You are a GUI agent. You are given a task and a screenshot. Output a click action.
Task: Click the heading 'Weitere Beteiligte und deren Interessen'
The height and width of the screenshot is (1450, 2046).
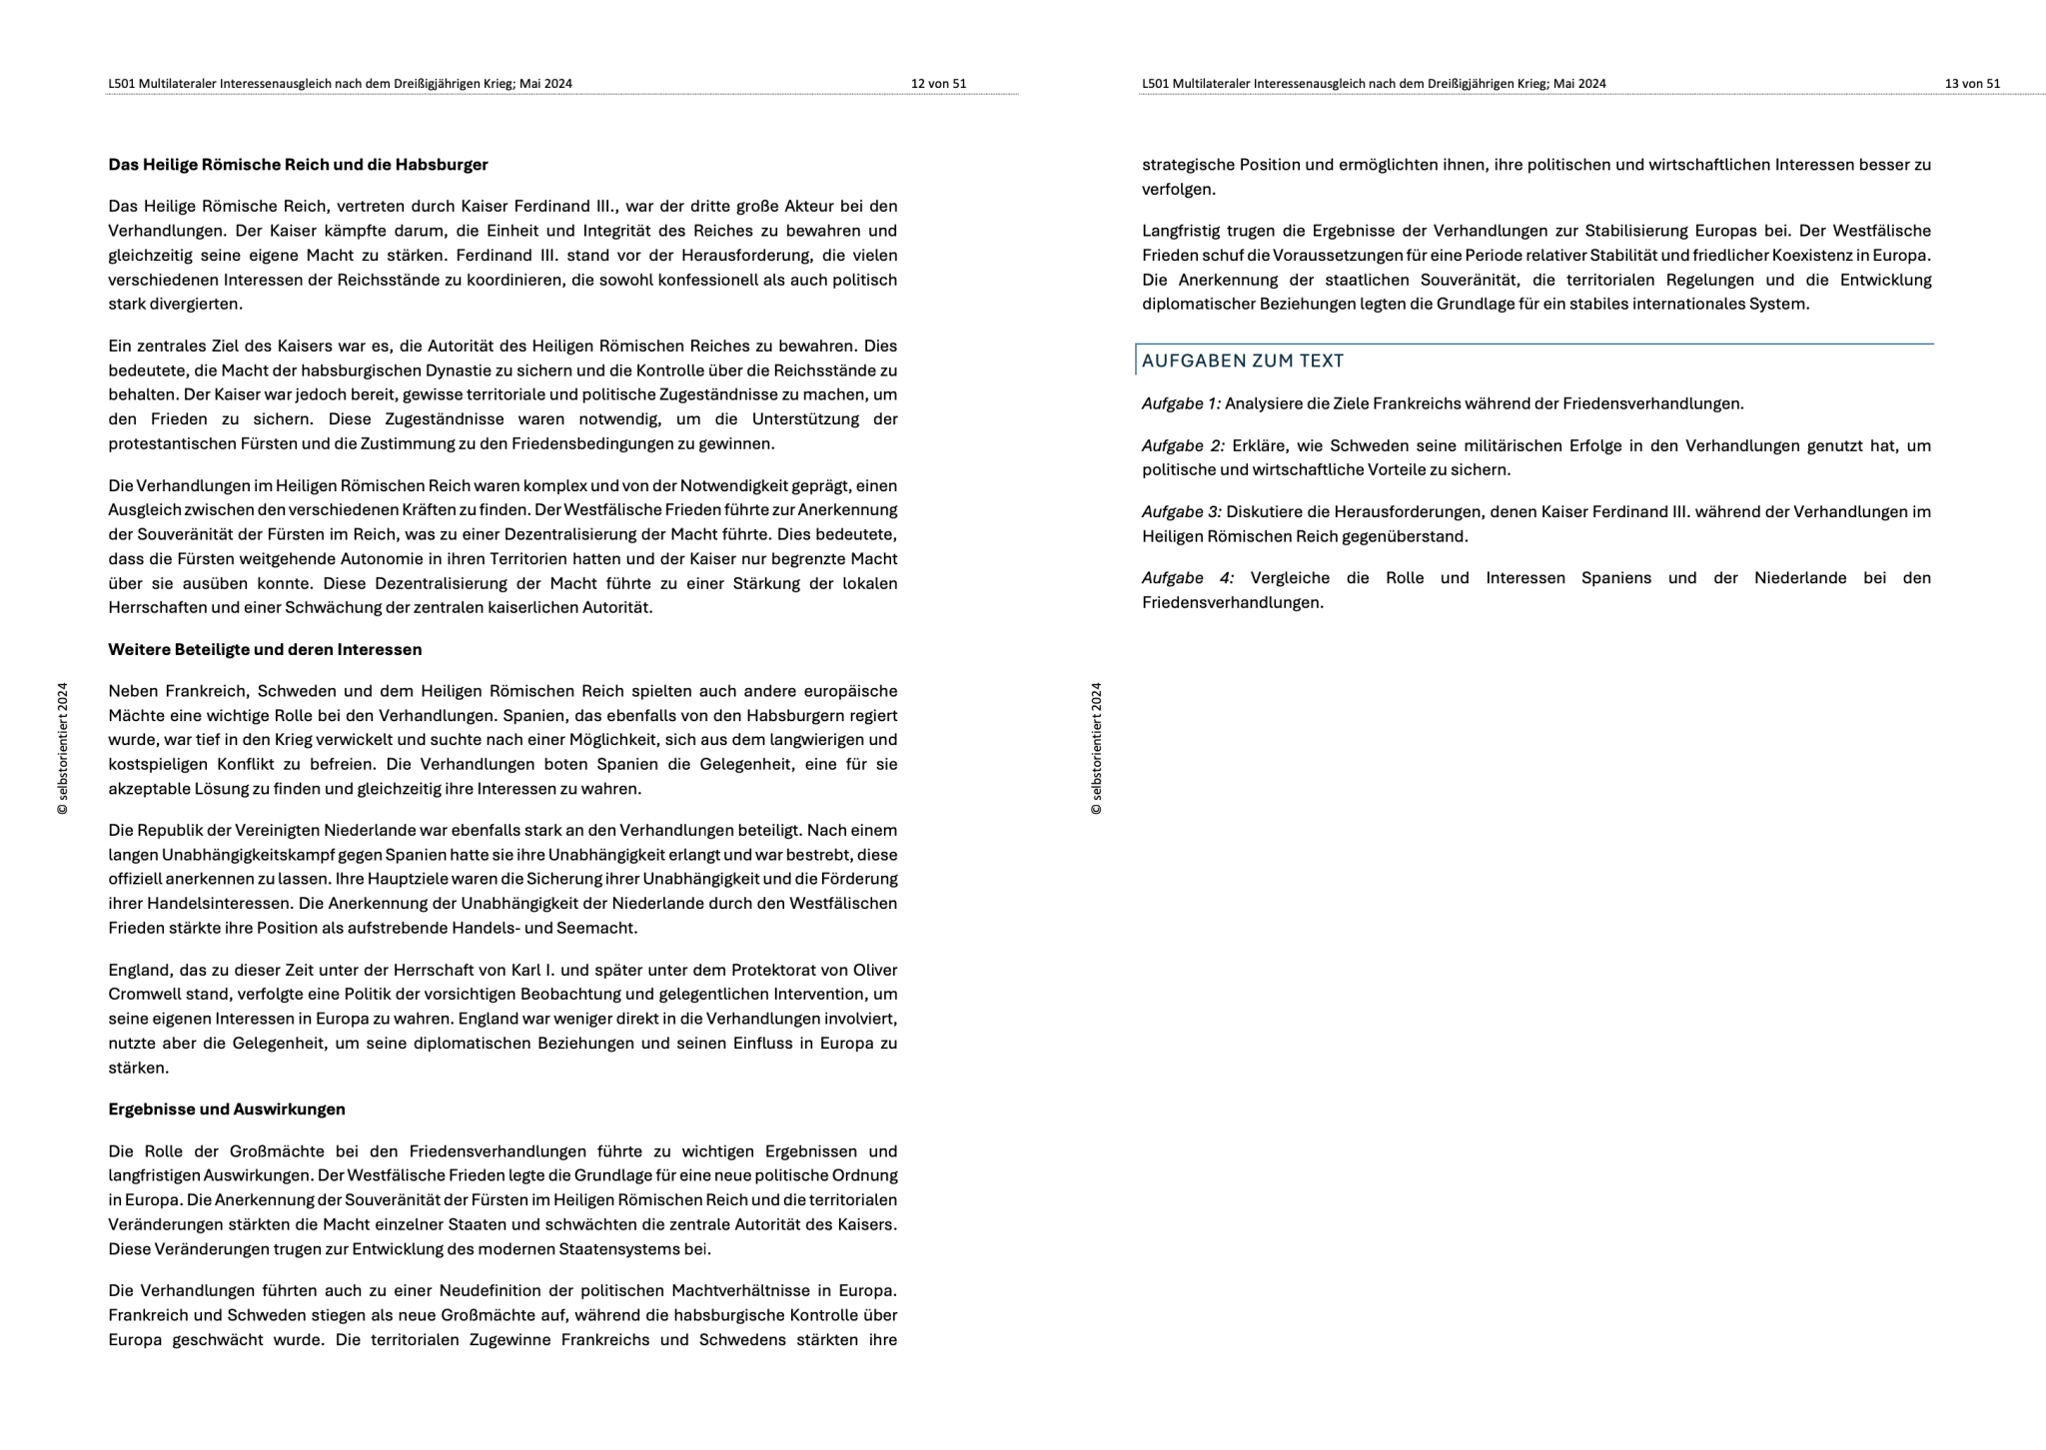(x=265, y=649)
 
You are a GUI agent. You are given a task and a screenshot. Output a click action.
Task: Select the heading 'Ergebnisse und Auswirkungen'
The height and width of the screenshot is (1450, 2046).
(x=227, y=1108)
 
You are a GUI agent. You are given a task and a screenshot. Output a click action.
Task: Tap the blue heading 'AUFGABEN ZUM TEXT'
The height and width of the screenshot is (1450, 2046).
(x=1243, y=361)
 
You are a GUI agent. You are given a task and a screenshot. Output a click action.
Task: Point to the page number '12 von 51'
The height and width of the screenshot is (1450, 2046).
(x=938, y=84)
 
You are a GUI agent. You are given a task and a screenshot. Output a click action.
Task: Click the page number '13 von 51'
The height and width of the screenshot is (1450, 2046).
(x=1972, y=84)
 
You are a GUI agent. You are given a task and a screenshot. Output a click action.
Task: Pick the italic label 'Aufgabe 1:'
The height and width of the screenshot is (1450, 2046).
(x=1181, y=403)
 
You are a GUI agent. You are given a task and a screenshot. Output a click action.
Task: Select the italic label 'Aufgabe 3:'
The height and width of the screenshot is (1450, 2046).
(x=1181, y=512)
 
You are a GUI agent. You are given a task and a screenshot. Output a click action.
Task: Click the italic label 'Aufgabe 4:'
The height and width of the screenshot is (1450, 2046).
(x=1187, y=578)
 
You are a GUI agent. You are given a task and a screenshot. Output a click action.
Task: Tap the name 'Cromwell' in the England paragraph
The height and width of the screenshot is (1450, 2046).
(x=141, y=995)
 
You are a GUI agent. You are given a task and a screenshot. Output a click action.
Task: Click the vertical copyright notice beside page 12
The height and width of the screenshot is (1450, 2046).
(x=63, y=749)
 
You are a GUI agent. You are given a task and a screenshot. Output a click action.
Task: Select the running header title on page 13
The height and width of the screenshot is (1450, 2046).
(x=1374, y=84)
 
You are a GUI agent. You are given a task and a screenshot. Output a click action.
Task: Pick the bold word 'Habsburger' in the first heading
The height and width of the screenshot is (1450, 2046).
(x=442, y=164)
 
